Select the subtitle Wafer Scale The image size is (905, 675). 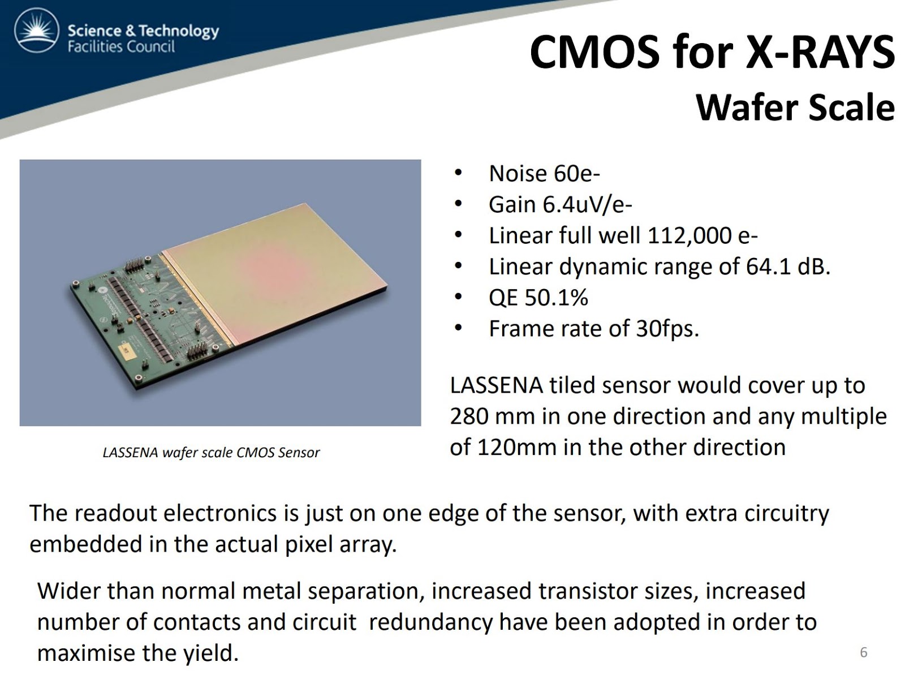(795, 108)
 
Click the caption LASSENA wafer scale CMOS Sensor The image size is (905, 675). (211, 453)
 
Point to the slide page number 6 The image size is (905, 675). (863, 652)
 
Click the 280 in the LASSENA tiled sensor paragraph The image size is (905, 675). (469, 416)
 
